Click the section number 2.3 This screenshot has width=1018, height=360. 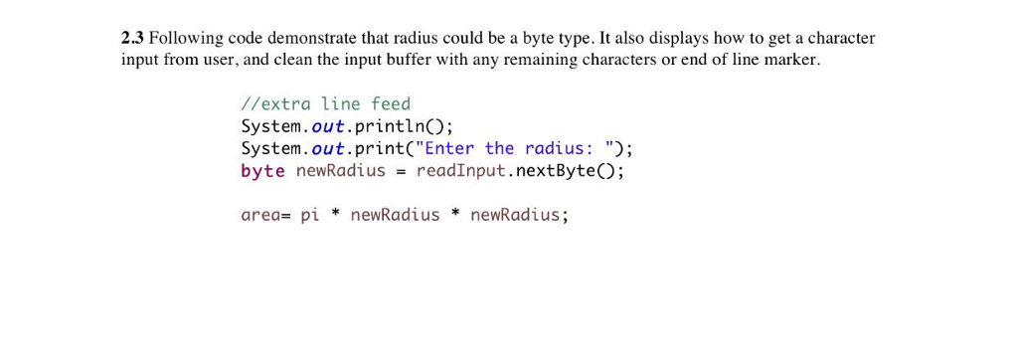click(132, 39)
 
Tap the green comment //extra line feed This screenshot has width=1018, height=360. click(325, 103)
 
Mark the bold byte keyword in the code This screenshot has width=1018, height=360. click(262, 170)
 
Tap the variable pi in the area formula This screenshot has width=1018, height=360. click(309, 215)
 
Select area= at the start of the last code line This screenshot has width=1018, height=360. click(265, 215)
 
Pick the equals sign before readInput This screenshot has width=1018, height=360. click(401, 171)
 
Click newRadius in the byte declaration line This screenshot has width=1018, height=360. click(341, 170)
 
